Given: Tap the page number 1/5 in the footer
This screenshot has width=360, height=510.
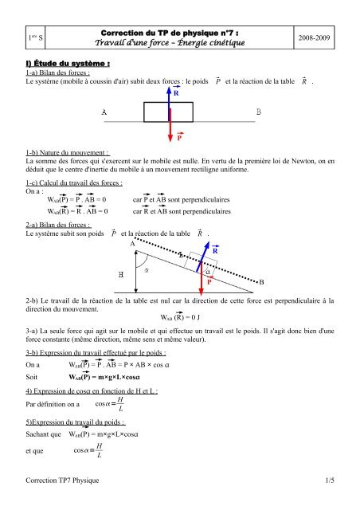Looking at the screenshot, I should tap(328, 480).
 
